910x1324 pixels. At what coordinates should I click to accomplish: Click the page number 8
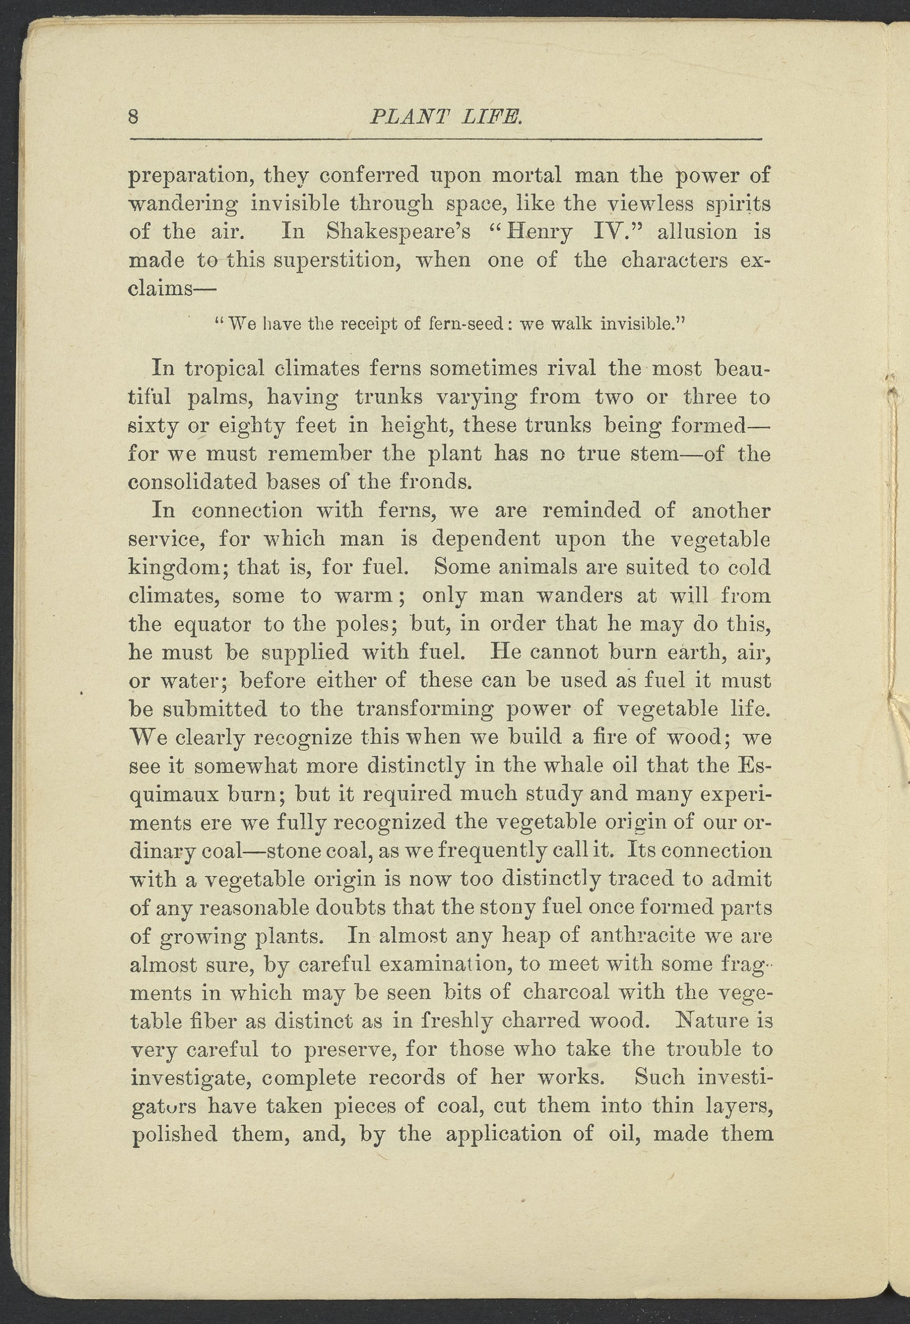[x=134, y=117]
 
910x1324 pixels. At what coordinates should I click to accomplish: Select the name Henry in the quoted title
[x=540, y=232]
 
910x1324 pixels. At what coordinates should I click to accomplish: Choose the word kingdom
[x=179, y=568]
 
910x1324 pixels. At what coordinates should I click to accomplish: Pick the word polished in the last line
[x=175, y=1134]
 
